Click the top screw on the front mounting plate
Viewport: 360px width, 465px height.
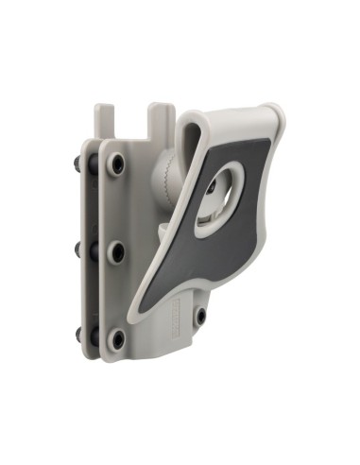click(116, 164)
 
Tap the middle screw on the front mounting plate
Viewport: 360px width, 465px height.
click(116, 251)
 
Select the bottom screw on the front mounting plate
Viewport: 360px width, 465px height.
click(116, 337)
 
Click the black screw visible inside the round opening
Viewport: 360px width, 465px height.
click(210, 188)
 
